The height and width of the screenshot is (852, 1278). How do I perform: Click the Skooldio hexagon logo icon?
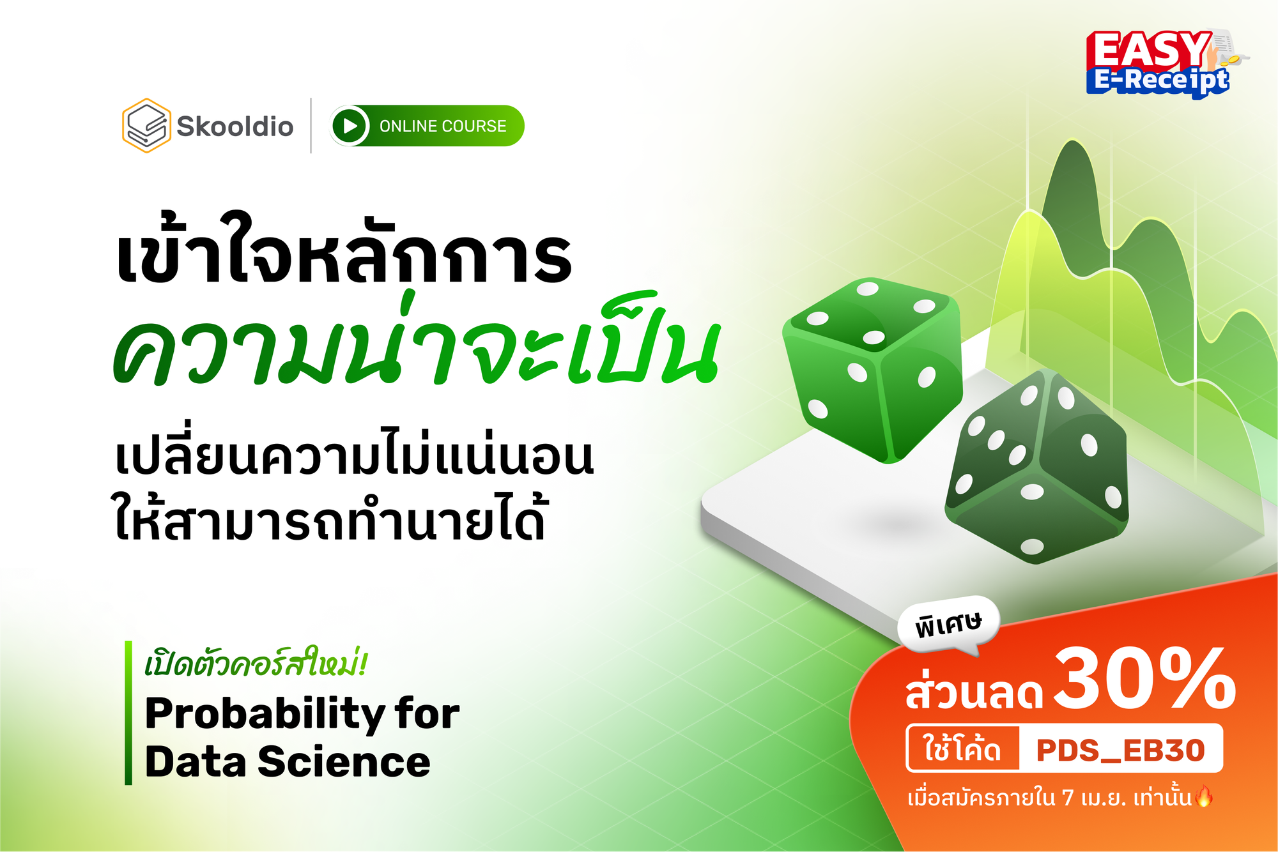(146, 125)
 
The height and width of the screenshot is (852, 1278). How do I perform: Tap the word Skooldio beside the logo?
(235, 126)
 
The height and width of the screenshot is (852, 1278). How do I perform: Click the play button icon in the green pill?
(350, 126)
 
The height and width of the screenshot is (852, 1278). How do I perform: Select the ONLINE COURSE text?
(443, 126)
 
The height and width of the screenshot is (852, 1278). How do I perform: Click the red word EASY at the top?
(1148, 50)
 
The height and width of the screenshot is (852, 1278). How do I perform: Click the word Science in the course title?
(344, 762)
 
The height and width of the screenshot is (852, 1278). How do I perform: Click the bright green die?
(874, 370)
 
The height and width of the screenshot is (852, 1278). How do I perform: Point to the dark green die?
(1037, 466)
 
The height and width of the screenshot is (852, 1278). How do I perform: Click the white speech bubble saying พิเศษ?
(948, 625)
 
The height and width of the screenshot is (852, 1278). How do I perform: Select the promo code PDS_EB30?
(1120, 750)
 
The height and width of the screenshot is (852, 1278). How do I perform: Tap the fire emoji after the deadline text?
(1204, 796)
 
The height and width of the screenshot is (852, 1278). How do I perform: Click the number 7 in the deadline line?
(1068, 798)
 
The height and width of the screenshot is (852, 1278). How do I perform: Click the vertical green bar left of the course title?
(128, 713)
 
